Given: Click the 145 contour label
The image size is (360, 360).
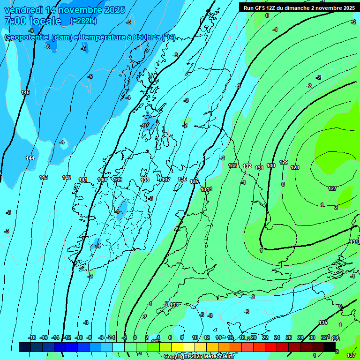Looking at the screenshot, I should (x=25, y=92).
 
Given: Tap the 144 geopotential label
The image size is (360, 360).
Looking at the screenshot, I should (x=30, y=158).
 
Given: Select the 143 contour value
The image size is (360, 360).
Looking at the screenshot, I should (x=44, y=177).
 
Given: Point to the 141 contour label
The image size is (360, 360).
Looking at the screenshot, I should (x=83, y=180).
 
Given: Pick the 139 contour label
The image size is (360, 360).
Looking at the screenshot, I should (x=118, y=180).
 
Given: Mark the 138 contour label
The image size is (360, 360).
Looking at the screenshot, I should (x=145, y=180).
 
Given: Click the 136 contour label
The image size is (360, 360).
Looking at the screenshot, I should (x=182, y=180).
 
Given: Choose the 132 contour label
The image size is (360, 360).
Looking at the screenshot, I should (x=247, y=166).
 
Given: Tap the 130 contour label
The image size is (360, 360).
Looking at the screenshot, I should (x=271, y=165).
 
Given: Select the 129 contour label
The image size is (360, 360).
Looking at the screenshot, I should (x=284, y=162).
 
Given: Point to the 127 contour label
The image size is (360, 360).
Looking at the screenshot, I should (x=332, y=188).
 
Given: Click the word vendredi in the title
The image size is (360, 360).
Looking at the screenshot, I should (x=24, y=10).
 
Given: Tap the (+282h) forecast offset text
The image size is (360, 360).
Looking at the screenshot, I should (x=83, y=21).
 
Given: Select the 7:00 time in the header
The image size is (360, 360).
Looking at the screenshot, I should (x=15, y=21).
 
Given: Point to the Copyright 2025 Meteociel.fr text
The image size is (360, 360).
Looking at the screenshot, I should (x=199, y=357).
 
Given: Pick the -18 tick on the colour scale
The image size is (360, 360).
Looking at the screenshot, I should (x=32, y=337).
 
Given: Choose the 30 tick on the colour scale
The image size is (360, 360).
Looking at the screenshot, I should (x=312, y=337).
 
